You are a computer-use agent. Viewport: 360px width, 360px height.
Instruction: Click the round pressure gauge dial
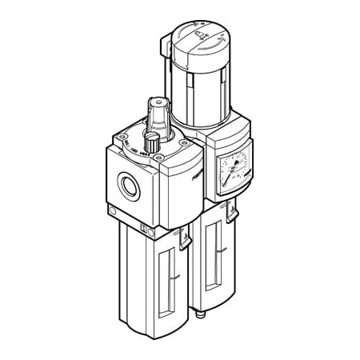pyautogui.click(x=233, y=170)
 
